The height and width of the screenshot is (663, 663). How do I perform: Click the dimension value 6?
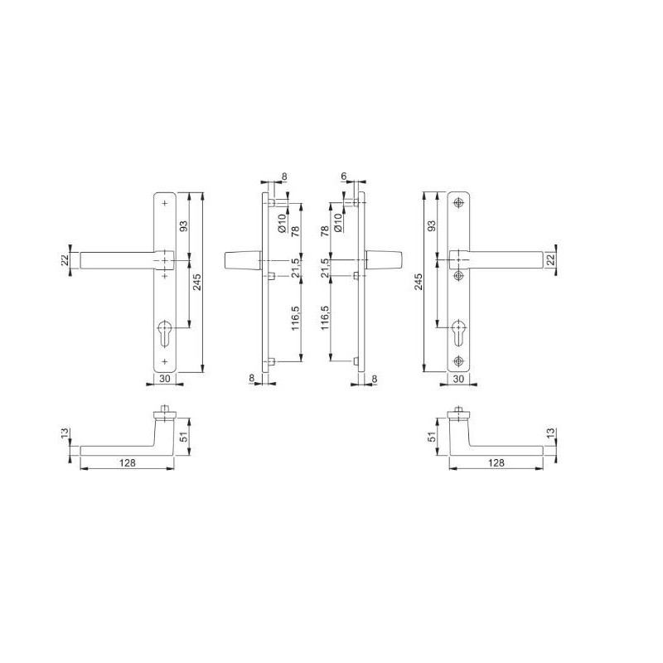click(x=344, y=176)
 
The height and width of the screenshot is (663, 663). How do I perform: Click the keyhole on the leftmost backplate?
click(x=164, y=333)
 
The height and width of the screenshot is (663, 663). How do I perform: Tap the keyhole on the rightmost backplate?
click(x=458, y=333)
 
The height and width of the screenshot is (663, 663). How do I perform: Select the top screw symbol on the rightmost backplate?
click(x=458, y=203)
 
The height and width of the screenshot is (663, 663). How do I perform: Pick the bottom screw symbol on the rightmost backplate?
click(x=458, y=361)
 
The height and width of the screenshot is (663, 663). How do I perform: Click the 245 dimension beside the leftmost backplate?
click(x=197, y=282)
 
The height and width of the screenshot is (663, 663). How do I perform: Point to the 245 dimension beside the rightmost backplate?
click(x=419, y=282)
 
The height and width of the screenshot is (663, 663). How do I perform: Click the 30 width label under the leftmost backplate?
click(x=165, y=379)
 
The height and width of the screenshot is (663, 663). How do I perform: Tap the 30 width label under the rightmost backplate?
click(x=458, y=379)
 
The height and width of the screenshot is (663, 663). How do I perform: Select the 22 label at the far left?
click(x=65, y=260)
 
